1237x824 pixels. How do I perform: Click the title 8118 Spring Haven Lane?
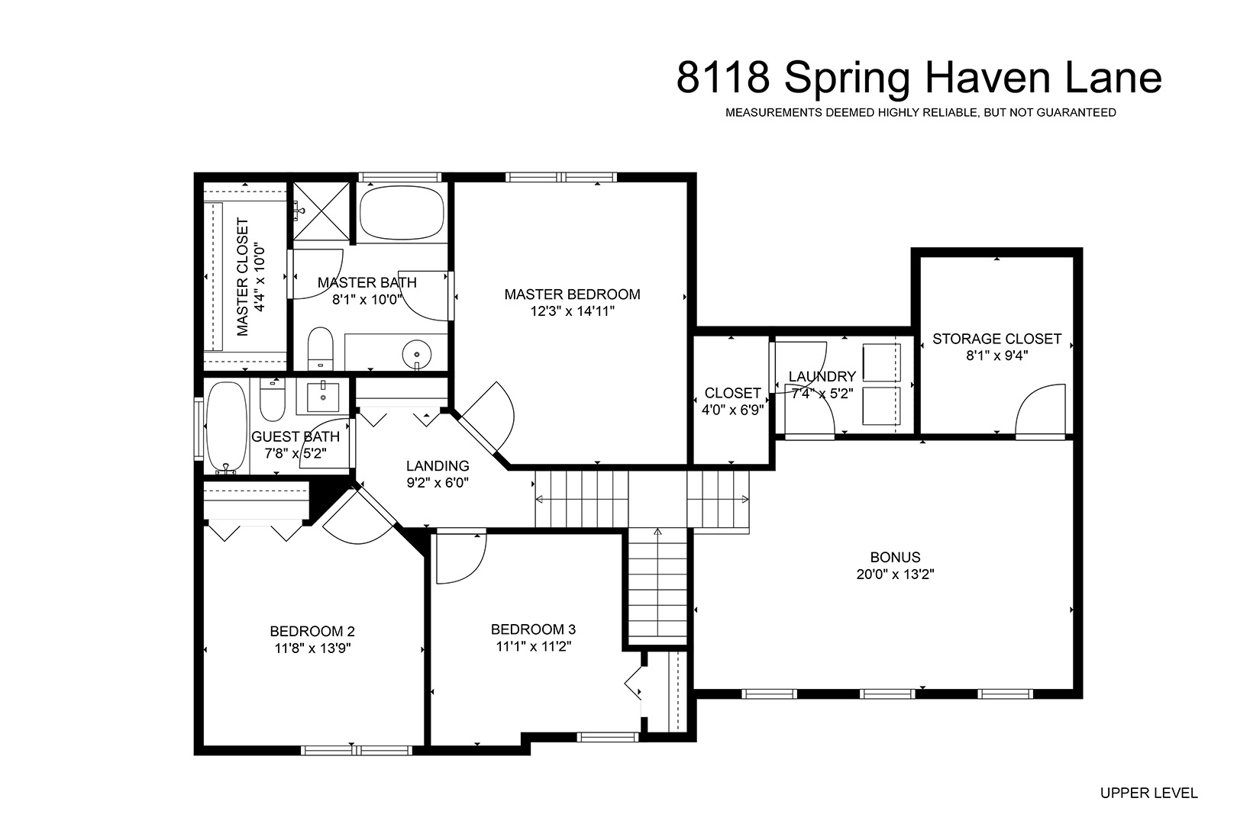(919, 79)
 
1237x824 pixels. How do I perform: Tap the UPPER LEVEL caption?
(1149, 793)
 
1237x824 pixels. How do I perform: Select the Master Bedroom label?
(572, 295)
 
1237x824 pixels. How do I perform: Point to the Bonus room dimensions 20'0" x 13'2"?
(895, 575)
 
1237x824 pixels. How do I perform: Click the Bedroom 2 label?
(312, 631)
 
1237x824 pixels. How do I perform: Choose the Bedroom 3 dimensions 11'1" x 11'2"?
(534, 646)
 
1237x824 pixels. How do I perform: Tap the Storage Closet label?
(996, 338)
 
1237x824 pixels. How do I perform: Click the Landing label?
(438, 466)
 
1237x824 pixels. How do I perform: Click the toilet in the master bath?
(320, 349)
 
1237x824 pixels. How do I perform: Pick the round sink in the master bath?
(416, 355)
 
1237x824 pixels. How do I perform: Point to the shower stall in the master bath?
(321, 211)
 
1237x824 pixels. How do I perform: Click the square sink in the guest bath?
(323, 396)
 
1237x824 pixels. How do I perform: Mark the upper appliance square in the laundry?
(882, 362)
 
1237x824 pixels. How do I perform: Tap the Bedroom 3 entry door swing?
(461, 558)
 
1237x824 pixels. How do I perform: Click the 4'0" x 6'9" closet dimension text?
(733, 410)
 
